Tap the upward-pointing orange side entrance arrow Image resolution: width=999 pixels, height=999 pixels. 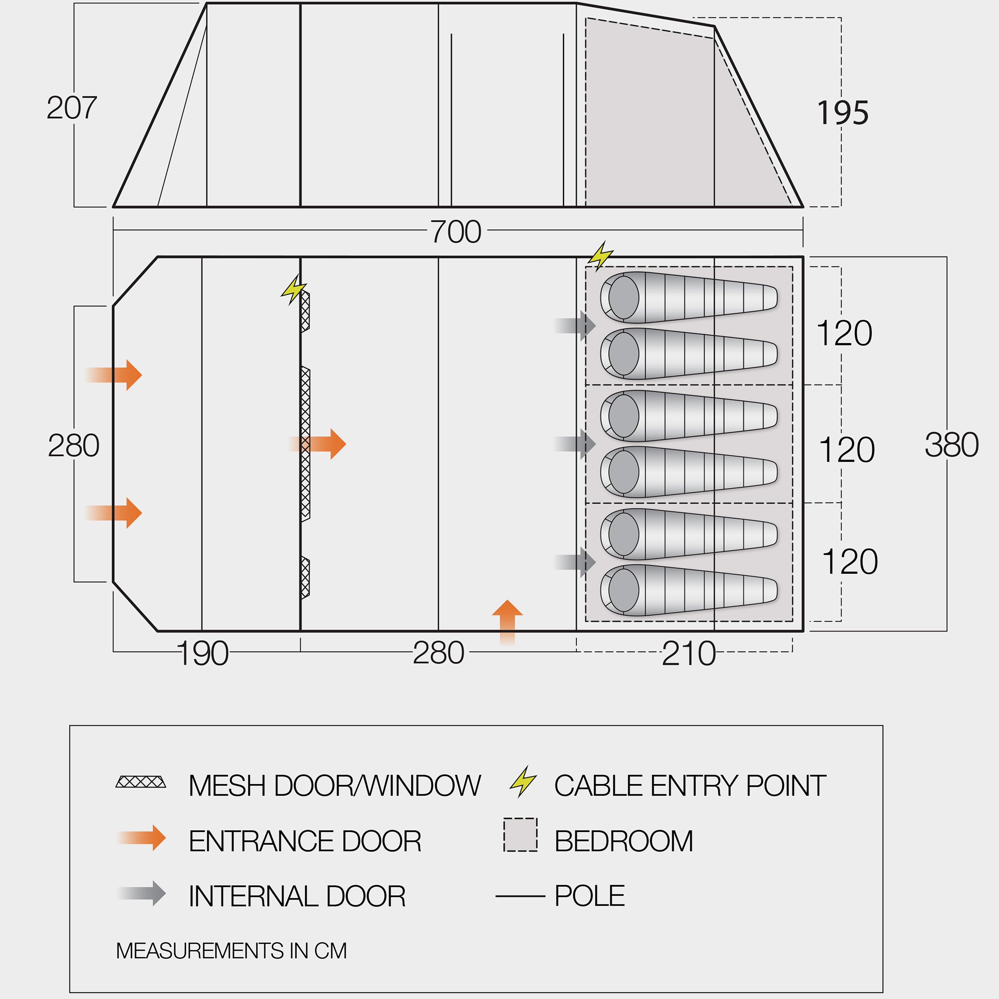pyautogui.click(x=507, y=620)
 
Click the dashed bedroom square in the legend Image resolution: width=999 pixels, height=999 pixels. pyautogui.click(x=520, y=835)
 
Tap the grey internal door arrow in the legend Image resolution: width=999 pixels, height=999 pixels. pyautogui.click(x=142, y=894)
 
